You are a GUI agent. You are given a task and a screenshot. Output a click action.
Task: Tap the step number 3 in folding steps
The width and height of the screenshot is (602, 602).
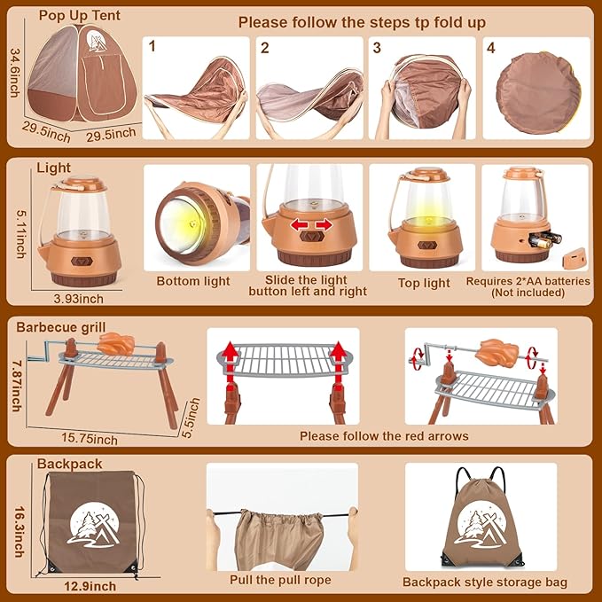click(x=377, y=49)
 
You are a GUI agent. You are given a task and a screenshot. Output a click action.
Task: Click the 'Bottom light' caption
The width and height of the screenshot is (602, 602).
click(x=192, y=281)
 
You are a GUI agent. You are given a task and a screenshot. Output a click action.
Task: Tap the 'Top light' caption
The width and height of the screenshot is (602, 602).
click(x=424, y=283)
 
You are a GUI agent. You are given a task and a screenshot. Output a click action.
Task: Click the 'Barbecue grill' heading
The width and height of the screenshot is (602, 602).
click(x=59, y=326)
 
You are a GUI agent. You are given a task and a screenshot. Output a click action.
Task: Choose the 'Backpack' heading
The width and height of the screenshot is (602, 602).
click(x=70, y=464)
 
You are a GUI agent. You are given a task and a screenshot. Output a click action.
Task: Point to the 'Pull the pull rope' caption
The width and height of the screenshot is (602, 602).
click(x=281, y=580)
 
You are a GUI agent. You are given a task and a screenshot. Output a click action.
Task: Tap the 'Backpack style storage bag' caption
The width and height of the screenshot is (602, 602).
click(x=485, y=582)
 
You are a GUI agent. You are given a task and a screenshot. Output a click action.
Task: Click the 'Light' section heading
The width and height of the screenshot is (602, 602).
click(x=54, y=168)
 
